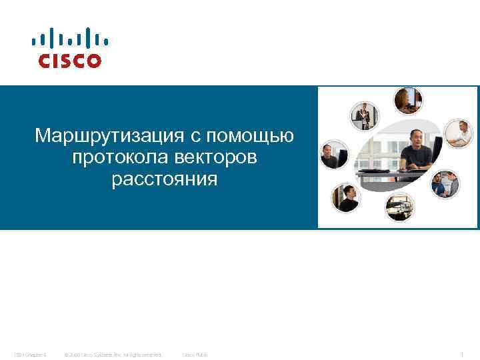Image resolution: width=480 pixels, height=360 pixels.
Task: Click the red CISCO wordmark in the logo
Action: [70, 61]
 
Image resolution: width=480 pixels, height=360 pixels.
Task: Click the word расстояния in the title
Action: [165, 179]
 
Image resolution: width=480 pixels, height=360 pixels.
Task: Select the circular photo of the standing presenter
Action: [364, 115]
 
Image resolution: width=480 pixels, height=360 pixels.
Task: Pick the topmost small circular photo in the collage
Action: [407, 101]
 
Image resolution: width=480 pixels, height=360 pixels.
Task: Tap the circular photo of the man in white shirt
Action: [458, 133]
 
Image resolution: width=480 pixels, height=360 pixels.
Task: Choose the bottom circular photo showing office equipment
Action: [399, 206]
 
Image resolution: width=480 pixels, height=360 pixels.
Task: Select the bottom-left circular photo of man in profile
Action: [346, 197]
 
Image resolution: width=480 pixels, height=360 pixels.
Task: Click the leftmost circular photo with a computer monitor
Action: [333, 156]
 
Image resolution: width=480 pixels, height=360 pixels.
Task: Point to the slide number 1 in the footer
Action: [463, 354]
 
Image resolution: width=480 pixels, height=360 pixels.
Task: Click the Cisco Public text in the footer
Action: [195, 354]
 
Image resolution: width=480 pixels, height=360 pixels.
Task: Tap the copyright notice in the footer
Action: [112, 354]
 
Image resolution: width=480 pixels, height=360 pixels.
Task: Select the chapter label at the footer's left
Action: [30, 354]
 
